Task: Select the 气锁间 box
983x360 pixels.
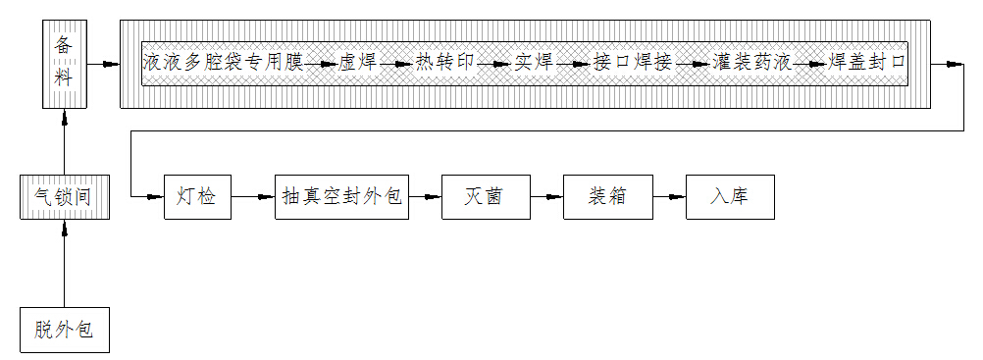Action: (x=64, y=197)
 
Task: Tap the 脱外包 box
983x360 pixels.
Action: (x=64, y=329)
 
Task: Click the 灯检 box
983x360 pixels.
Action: (x=196, y=197)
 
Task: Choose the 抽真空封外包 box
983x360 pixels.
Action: (x=340, y=197)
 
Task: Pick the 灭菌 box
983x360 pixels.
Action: (x=485, y=197)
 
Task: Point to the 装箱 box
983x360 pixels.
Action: (x=607, y=197)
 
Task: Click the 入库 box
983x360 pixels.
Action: (x=730, y=197)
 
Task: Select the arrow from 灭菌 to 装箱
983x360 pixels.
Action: (x=546, y=197)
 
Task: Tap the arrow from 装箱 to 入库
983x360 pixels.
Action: (x=669, y=197)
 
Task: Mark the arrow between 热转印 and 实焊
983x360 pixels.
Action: (x=494, y=65)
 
